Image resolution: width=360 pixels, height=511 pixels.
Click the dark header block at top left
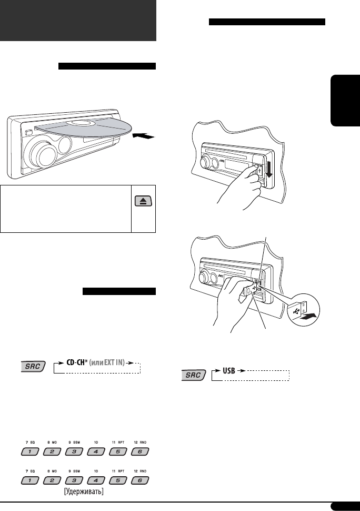[x=78, y=21]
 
